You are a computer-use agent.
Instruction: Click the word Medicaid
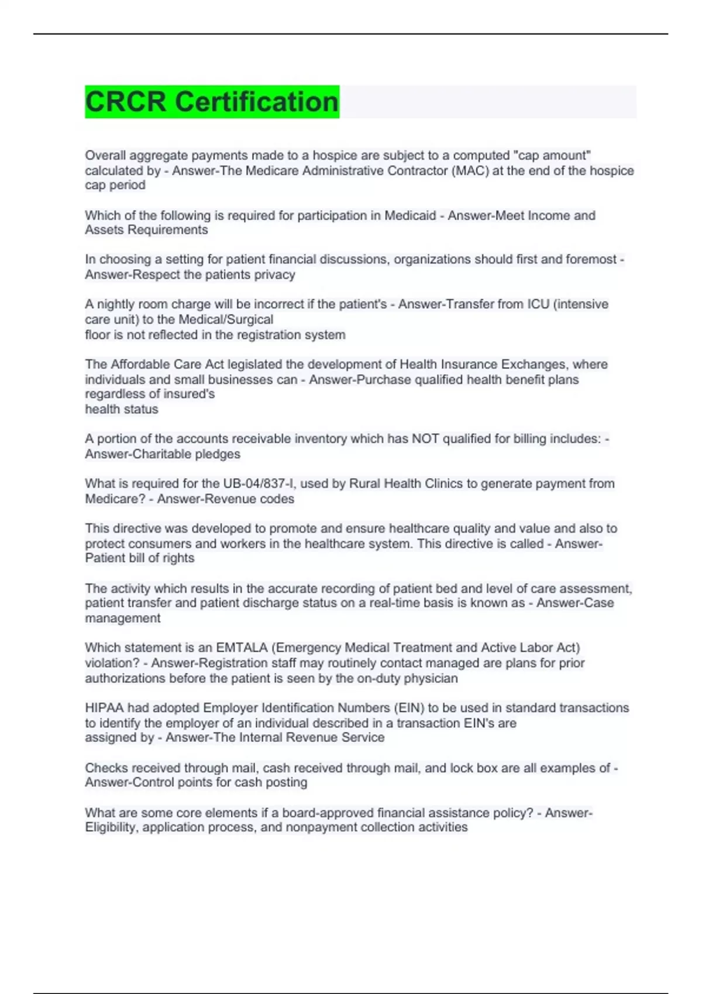click(410, 216)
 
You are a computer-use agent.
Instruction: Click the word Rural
click(364, 484)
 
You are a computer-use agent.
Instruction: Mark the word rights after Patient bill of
click(178, 558)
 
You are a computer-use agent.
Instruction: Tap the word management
click(122, 619)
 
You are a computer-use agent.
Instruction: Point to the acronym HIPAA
click(104, 708)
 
